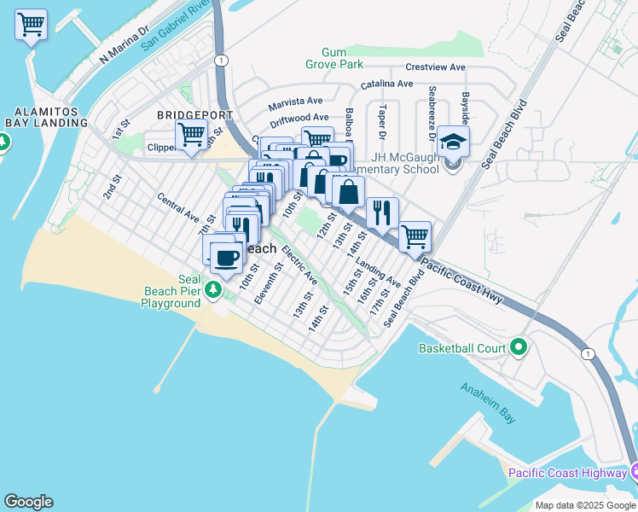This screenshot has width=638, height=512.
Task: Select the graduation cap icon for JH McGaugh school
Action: [x=455, y=143]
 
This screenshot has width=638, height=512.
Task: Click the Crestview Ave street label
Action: [x=436, y=67]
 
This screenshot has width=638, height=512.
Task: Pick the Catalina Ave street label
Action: [x=386, y=84]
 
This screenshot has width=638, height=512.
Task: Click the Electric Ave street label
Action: [x=299, y=265]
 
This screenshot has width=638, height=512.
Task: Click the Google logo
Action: [x=28, y=502]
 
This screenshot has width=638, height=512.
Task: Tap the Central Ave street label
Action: [x=177, y=210]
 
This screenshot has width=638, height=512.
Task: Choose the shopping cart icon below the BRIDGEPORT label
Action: [x=191, y=135]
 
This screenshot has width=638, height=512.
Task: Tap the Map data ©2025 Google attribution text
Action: [x=585, y=505]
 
